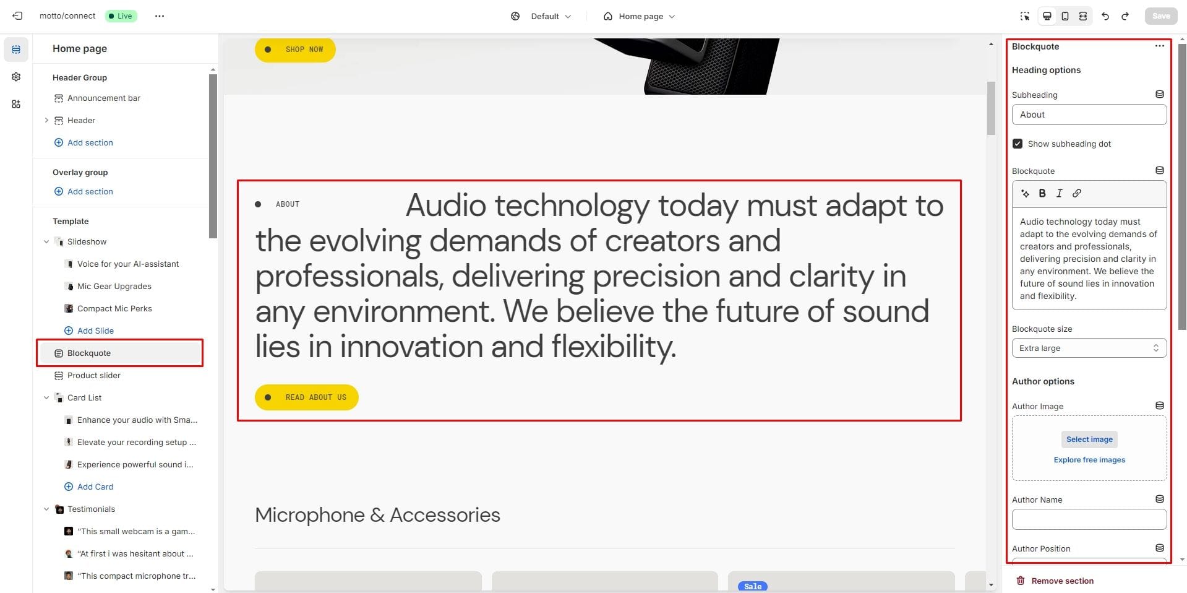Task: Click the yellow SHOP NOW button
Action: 295,50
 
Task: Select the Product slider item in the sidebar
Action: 93,376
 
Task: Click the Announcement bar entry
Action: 103,98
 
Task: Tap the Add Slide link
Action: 95,331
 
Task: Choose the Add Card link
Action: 95,487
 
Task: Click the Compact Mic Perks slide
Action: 114,309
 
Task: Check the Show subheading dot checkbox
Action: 1018,144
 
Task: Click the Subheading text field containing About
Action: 1089,115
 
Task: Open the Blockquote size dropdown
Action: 1089,348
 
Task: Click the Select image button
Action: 1089,439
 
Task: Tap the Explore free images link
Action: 1089,460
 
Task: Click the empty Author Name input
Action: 1089,519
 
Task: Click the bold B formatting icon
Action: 1042,193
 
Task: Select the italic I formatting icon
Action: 1059,193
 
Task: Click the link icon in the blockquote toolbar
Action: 1077,193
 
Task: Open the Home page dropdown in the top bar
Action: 640,16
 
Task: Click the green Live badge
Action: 121,16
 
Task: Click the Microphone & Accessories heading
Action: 377,515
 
